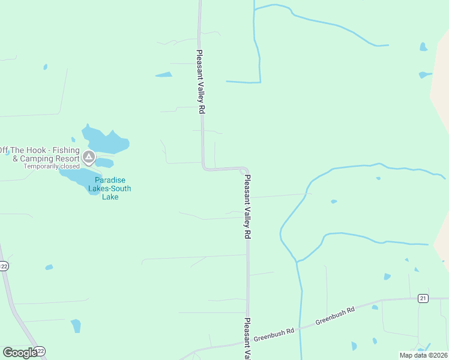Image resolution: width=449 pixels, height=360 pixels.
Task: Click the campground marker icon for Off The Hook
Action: (x=89, y=158)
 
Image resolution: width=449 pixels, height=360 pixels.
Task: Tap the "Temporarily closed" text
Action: (x=52, y=166)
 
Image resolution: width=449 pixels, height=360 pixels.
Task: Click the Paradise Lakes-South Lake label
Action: (x=110, y=188)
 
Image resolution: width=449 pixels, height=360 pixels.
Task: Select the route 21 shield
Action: (x=423, y=298)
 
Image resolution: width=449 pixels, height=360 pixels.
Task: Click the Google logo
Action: (x=19, y=352)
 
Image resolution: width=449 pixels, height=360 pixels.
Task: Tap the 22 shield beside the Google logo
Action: (x=40, y=351)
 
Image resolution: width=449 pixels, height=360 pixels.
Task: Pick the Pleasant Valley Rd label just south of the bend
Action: (x=247, y=207)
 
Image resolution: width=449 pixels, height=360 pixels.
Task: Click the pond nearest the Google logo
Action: (x=76, y=326)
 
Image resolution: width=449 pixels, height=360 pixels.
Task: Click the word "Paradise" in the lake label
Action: (x=110, y=180)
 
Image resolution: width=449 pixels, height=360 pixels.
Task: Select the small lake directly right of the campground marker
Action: (x=104, y=163)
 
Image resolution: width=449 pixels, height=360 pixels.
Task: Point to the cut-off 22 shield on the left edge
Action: (x=3, y=266)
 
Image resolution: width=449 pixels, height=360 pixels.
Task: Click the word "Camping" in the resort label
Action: (x=36, y=159)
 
